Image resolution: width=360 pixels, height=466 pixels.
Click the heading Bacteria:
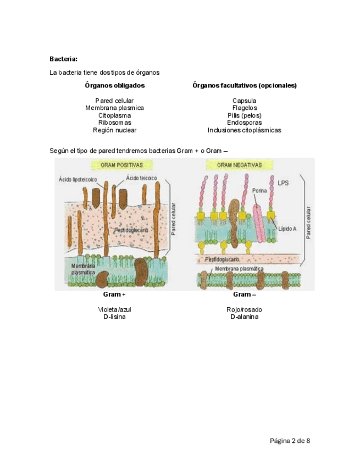63,59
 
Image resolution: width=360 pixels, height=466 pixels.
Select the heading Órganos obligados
115,86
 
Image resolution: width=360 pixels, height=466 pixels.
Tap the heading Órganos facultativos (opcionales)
244,86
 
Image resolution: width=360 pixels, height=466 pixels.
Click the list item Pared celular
114,101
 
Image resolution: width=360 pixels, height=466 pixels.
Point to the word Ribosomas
114,123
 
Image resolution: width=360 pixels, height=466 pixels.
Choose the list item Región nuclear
114,130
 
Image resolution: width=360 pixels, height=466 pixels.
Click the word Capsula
244,101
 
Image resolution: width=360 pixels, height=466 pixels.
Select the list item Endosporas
244,123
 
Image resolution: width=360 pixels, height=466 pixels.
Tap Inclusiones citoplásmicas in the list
244,130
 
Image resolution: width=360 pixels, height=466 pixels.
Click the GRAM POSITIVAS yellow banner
122,165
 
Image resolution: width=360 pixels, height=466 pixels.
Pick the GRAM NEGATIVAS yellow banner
239,165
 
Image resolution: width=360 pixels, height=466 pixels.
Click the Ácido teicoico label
141,177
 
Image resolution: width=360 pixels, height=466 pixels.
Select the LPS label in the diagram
284,182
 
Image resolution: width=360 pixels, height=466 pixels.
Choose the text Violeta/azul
114,310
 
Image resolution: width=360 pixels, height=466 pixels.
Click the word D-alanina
244,317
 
